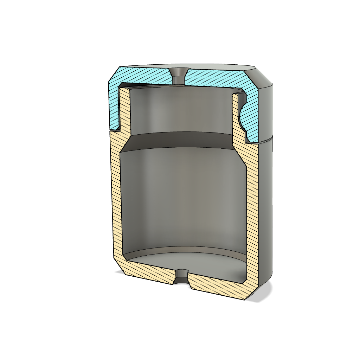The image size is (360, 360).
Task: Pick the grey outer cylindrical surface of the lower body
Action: (x=266, y=211)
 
